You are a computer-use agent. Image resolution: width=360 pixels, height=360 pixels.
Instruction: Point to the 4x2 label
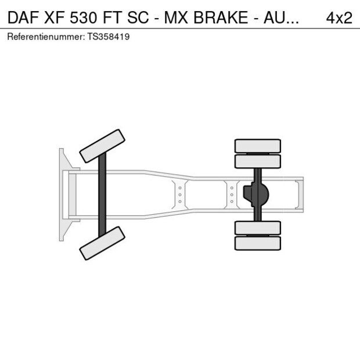pos(339,17)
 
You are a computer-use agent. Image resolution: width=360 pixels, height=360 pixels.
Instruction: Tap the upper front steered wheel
pos(102,146)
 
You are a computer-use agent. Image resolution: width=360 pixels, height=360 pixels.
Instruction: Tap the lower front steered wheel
pos(102,243)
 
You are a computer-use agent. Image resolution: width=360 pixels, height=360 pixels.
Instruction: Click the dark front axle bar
pos(102,195)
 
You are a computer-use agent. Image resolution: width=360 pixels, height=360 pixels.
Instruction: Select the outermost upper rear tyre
pos(257,145)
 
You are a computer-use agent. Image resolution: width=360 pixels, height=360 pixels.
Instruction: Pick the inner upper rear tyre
pos(257,161)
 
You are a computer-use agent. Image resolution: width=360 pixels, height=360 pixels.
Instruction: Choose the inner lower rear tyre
pos(257,228)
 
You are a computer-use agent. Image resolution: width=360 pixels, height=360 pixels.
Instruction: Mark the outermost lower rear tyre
pos(257,243)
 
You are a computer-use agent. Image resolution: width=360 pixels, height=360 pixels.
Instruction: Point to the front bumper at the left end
pos(62,195)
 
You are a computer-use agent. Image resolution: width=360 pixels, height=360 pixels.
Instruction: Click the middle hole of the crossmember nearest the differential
pos(232,195)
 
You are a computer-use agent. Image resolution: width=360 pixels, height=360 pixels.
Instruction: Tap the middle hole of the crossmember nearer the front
pos(180,195)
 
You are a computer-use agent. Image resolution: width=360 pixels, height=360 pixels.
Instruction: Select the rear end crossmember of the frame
pos(298,195)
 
